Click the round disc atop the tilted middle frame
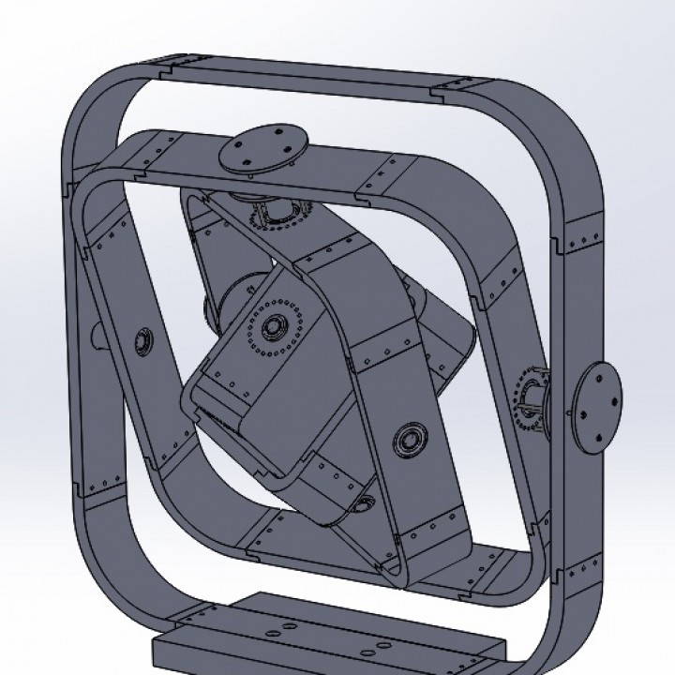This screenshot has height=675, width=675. pos(262,150)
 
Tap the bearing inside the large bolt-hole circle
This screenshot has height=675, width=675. pos(275,326)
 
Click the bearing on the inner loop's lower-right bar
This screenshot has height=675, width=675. pos(409,438)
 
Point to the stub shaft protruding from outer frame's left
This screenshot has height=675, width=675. pos(97,333)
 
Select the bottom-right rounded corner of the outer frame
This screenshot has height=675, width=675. pos(553,609)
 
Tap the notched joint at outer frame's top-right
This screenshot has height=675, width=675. pos(436,91)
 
